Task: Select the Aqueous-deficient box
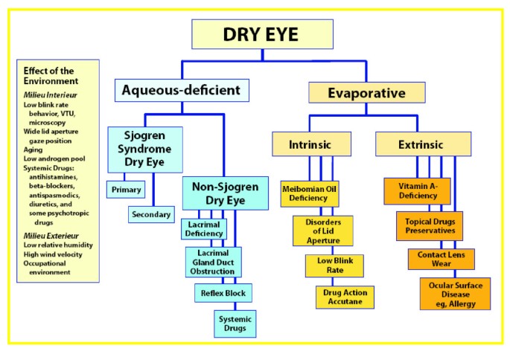pyautogui.click(x=181, y=90)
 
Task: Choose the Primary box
pyautogui.click(x=125, y=190)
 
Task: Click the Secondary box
pyautogui.click(x=151, y=214)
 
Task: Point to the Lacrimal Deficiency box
pyautogui.click(x=203, y=229)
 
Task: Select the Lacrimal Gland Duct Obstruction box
pyautogui.click(x=214, y=262)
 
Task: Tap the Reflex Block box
pyautogui.click(x=224, y=292)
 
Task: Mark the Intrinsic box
pyautogui.click(x=310, y=144)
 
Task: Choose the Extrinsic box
pyautogui.click(x=422, y=144)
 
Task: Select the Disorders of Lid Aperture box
pyautogui.click(x=323, y=231)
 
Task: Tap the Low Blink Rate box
pyautogui.click(x=334, y=266)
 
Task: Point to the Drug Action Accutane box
pyautogui.click(x=345, y=297)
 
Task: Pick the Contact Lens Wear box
pyautogui.click(x=441, y=259)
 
